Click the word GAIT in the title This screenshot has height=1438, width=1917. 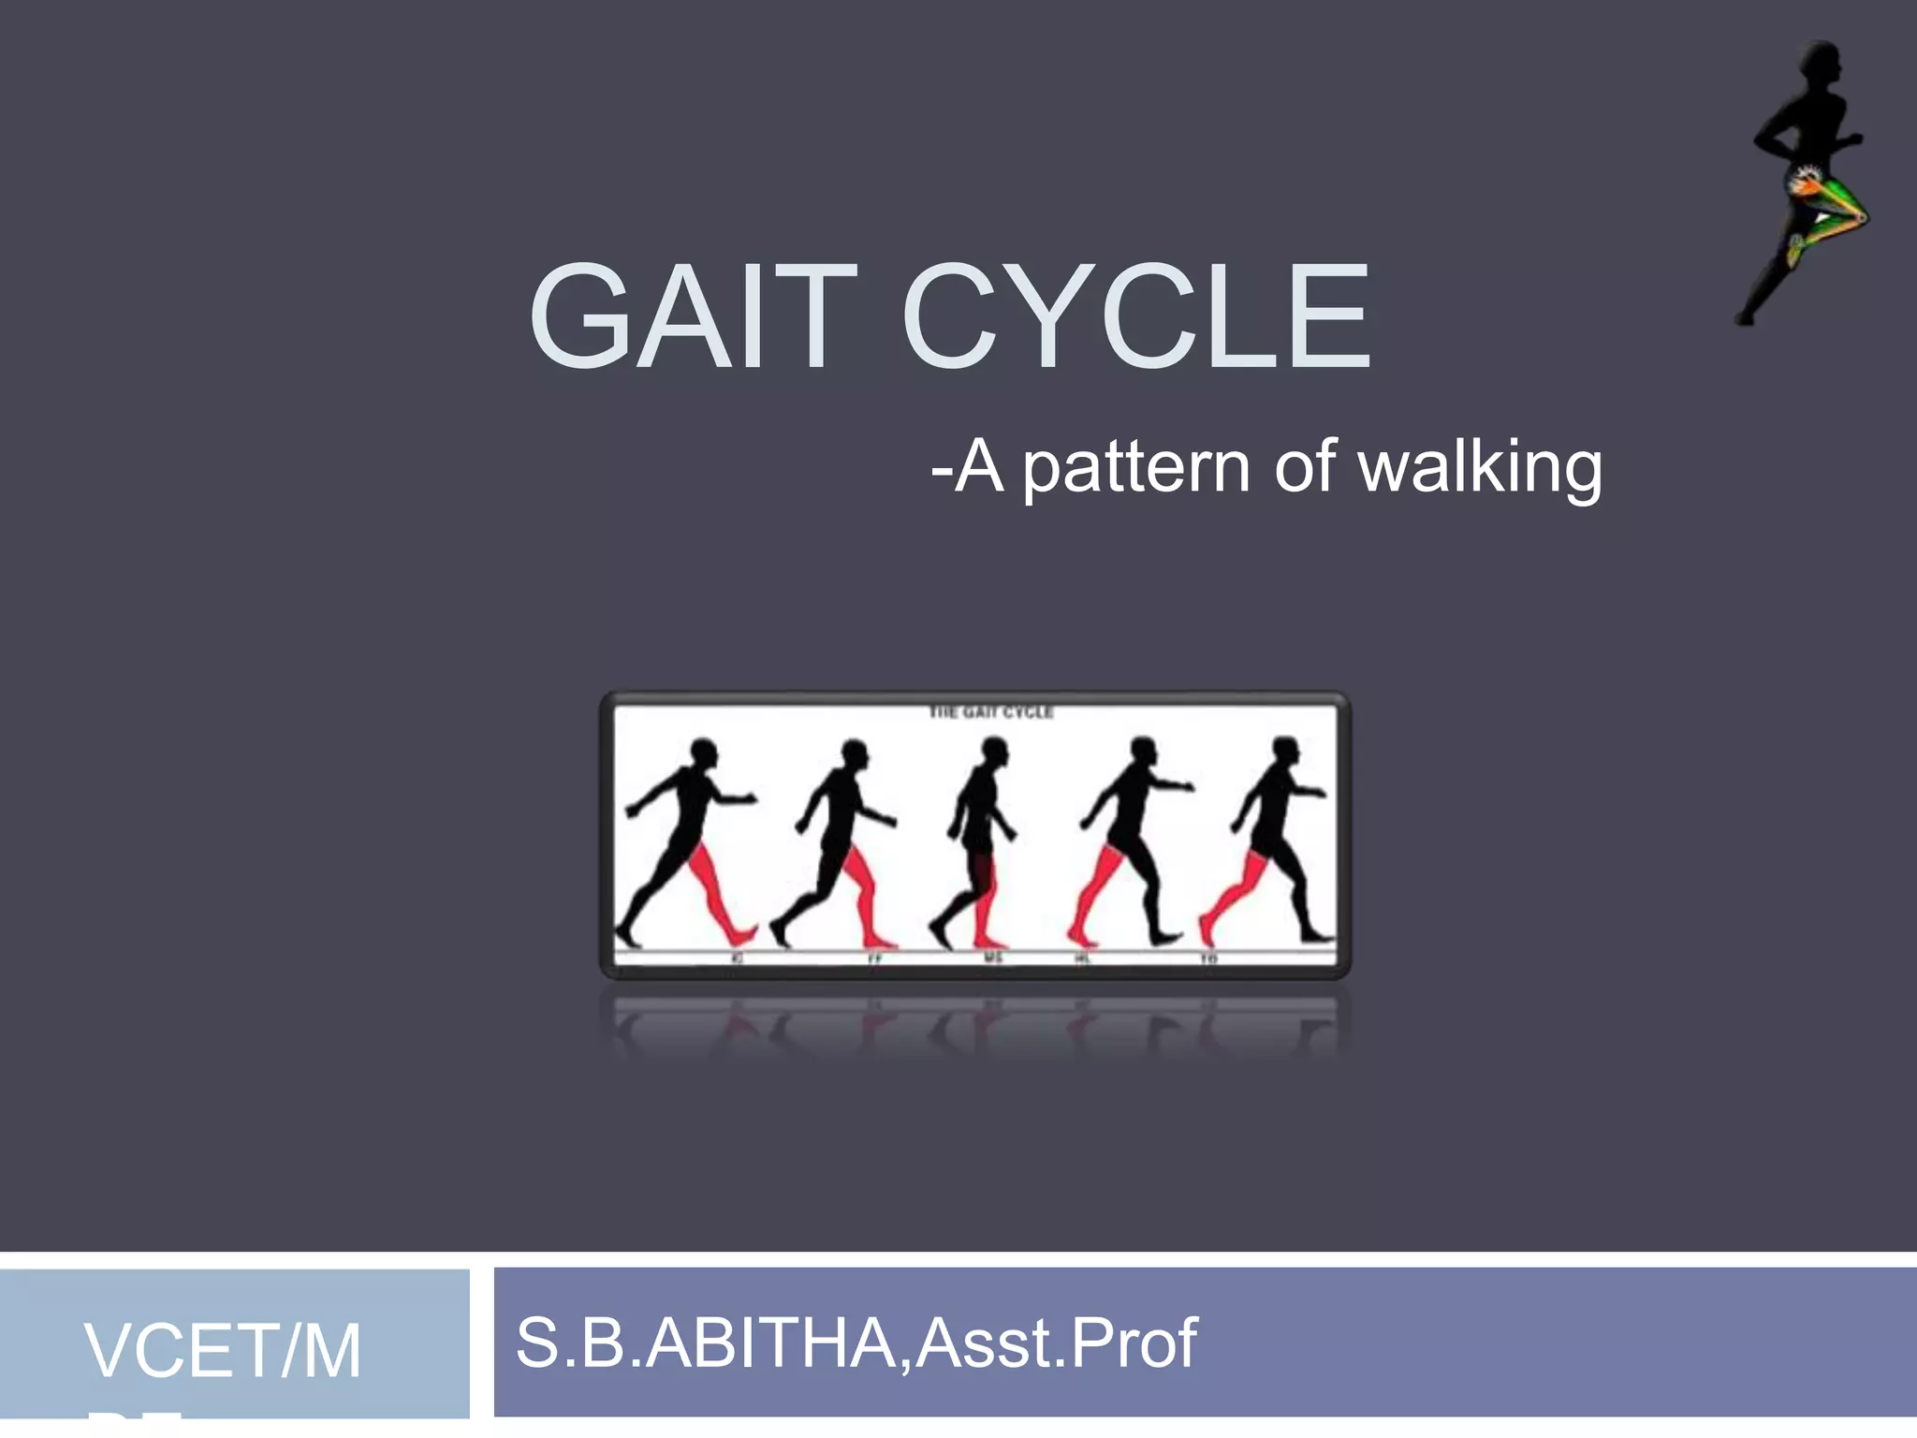pyautogui.click(x=693, y=318)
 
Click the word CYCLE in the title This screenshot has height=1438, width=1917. pyautogui.click(x=1136, y=318)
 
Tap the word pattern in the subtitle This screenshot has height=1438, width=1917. pyautogui.click(x=1135, y=468)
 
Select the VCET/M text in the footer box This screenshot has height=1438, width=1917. pyautogui.click(x=223, y=1352)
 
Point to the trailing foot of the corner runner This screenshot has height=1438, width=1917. pyautogui.click(x=1743, y=318)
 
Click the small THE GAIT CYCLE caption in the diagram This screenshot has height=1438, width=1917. pyautogui.click(x=990, y=713)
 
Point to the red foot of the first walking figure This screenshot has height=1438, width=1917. pyautogui.click(x=744, y=934)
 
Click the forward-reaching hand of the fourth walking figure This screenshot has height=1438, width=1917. pyautogui.click(x=1186, y=786)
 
